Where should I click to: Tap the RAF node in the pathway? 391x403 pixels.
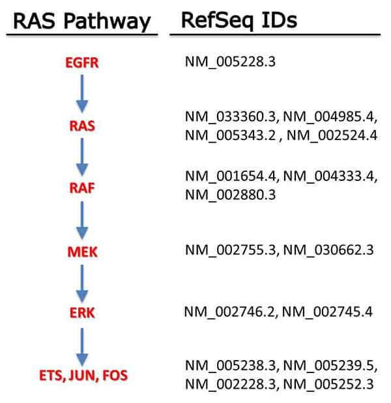(82, 189)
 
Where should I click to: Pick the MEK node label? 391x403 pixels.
(82, 252)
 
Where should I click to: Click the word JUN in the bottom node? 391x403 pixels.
(82, 375)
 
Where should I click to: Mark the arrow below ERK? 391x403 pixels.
(82, 345)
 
